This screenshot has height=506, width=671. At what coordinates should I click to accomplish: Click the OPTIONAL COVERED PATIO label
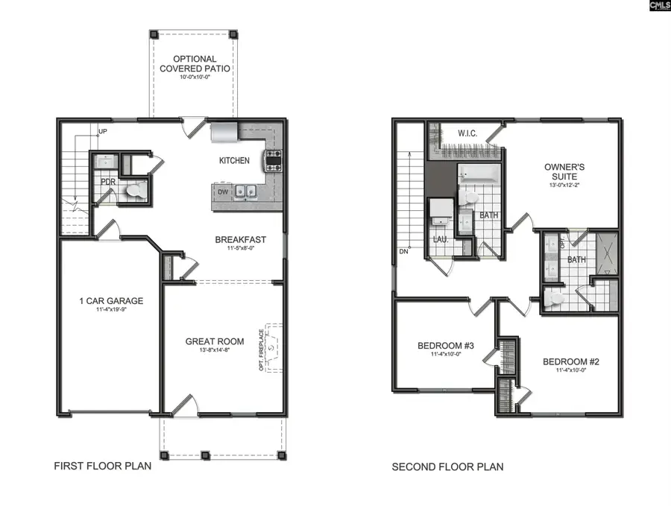[x=195, y=63]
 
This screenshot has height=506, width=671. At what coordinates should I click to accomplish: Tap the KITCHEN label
[x=233, y=161]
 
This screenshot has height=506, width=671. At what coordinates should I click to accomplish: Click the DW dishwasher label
[x=222, y=192]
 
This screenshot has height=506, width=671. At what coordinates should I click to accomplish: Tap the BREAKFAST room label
[x=240, y=239]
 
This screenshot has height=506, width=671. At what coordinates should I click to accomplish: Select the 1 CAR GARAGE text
[x=111, y=301]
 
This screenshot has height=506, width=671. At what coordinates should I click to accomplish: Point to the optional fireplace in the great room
[x=273, y=347]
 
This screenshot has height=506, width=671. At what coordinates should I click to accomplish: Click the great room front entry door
[x=183, y=406]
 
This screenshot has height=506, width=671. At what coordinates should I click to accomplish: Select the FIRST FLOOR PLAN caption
[x=102, y=467]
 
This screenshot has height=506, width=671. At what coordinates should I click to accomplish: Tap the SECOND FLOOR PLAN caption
[x=447, y=467]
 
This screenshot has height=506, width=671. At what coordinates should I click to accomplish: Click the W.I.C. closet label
[x=467, y=133]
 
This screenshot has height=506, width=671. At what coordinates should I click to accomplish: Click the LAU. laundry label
[x=440, y=239]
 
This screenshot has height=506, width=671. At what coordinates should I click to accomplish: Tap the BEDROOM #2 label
[x=571, y=362]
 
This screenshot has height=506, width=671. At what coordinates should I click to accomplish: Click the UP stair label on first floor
[x=103, y=132]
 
